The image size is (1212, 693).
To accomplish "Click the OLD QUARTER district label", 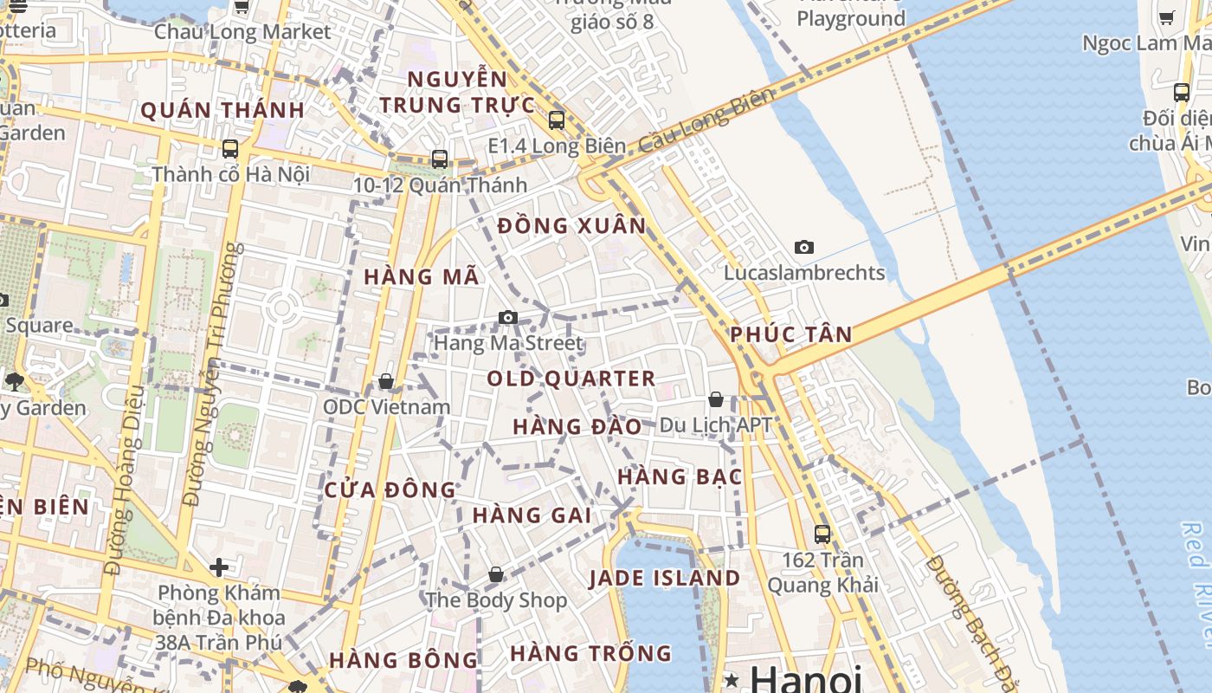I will point(571,379).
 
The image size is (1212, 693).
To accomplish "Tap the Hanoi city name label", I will point(805,678).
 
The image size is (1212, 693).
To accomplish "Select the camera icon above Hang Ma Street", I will point(508,318).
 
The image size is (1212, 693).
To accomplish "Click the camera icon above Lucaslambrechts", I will point(804,248).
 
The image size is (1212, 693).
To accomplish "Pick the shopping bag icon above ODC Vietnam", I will point(386,382).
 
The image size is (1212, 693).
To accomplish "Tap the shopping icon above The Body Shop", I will point(496,574).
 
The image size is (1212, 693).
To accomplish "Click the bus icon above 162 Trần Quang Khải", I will point(822,534).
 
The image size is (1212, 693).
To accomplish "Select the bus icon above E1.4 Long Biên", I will point(557,120).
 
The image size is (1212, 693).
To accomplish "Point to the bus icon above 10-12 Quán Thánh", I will point(440,159).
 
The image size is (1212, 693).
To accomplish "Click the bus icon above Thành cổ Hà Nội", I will point(230,149).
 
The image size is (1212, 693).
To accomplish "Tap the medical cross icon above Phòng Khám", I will point(219,567).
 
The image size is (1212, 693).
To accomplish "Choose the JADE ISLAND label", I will point(666,578).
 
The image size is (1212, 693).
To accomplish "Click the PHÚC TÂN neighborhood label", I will point(791,334).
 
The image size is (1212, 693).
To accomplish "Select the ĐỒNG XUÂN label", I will point(572,226).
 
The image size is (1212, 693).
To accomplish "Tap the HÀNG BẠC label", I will point(680,476).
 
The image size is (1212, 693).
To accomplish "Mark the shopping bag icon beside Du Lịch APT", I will point(716,399).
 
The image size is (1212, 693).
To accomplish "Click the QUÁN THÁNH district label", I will point(222,110).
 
